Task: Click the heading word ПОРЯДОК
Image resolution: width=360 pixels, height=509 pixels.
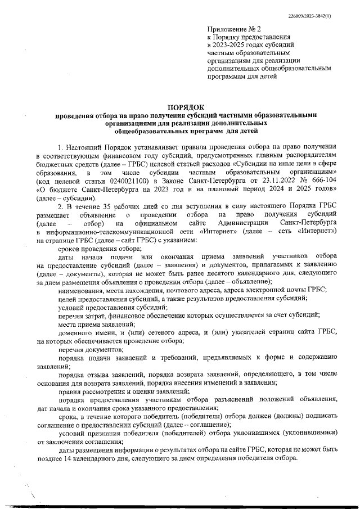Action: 186,107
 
